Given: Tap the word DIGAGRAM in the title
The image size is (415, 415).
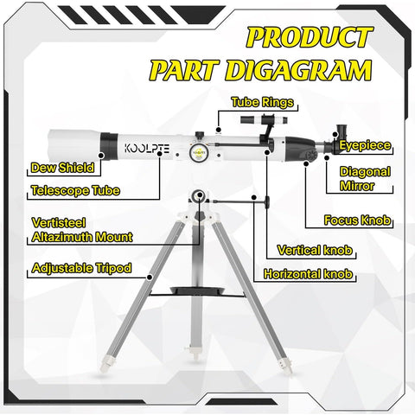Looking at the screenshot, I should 314,69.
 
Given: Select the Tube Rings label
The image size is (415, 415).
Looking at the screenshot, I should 262,102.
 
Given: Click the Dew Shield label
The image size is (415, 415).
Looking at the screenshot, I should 62,168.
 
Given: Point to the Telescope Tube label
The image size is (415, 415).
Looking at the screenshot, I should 75,190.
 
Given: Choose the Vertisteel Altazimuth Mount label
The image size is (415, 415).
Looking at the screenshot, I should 80,229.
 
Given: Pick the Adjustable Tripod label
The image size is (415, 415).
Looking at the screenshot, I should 80,268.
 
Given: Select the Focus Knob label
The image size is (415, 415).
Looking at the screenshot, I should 358,220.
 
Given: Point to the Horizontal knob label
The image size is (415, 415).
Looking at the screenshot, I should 308,275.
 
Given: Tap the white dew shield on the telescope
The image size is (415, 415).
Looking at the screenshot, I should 68,142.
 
